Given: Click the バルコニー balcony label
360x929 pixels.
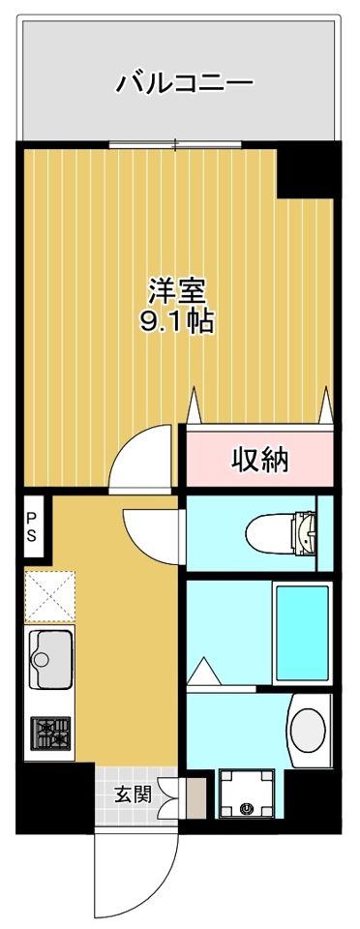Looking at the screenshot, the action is point(184,83).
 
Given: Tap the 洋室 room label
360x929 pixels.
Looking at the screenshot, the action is point(176,292).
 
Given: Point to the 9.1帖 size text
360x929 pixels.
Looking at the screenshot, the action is point(176,321).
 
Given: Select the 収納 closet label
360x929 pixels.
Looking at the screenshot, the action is point(259,459).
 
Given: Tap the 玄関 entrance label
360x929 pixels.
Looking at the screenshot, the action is point(133,794).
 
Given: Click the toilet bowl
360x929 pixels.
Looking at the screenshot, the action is point(281,533).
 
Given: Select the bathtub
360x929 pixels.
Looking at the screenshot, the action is point(302,633).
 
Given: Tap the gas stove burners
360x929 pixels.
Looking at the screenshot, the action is point(50,733).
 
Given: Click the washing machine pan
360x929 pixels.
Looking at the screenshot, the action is point(247,794).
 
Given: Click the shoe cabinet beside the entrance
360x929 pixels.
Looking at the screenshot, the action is point(196,797).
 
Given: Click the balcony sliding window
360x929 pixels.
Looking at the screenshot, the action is point(175,144).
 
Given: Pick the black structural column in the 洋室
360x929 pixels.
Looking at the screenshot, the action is point(306,169).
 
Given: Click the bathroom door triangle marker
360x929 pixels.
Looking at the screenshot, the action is point(203,672).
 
